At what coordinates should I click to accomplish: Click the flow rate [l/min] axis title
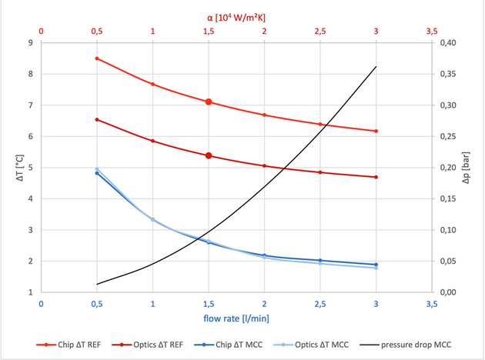(x=237, y=317)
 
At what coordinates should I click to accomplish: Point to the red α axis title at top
(x=237, y=15)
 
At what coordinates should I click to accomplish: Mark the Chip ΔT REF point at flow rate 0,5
(x=97, y=58)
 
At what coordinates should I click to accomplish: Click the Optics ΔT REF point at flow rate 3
(x=376, y=177)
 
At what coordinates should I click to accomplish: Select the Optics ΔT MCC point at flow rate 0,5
(x=97, y=169)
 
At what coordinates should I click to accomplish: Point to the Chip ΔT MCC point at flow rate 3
(x=376, y=265)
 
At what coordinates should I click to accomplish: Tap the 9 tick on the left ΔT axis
(x=29, y=43)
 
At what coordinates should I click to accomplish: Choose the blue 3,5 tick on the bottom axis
(x=431, y=304)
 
